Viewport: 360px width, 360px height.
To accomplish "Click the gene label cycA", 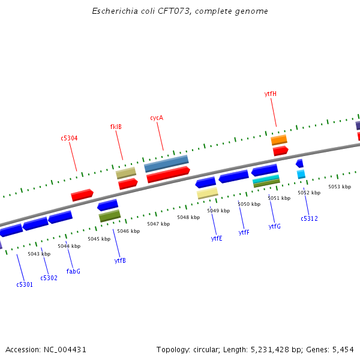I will click(x=157, y=118).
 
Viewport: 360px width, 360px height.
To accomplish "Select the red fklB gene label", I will click(x=116, y=127).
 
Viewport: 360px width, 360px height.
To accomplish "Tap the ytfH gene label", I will click(x=271, y=94).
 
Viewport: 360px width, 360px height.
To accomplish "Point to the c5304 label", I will click(x=69, y=139).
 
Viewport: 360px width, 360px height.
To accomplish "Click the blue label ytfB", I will click(x=120, y=261).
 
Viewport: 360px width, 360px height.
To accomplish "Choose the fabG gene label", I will click(x=73, y=272).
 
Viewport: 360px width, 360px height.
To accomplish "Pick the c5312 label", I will click(x=310, y=219).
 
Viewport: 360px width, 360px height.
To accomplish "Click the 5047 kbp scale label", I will click(x=158, y=224).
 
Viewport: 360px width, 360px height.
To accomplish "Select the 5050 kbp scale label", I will click(x=249, y=205).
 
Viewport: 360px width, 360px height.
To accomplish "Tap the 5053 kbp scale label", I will click(x=339, y=187).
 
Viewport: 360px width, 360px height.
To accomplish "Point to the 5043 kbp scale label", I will click(x=38, y=254).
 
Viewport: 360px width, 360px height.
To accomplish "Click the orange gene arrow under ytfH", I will click(x=279, y=140).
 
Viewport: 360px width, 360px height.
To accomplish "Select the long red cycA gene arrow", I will click(x=168, y=175).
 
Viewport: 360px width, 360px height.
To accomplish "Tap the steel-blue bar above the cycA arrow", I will click(x=166, y=163).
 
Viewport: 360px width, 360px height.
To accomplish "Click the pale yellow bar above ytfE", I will click(x=208, y=193).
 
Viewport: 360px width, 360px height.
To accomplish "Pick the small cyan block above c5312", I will click(x=301, y=174).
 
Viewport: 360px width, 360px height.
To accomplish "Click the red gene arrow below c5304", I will click(x=82, y=195).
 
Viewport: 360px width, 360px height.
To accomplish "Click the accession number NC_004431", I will click(x=65, y=349).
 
